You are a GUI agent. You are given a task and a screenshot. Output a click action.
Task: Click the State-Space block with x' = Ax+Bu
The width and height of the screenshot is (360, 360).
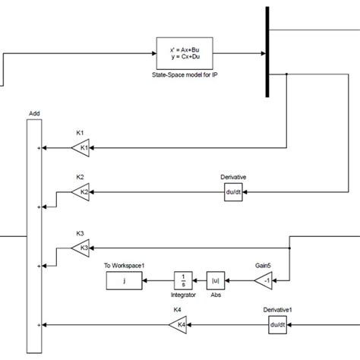pyautogui.click(x=184, y=52)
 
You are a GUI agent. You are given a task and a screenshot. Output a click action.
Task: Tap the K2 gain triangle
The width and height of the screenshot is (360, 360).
pyautogui.click(x=81, y=194)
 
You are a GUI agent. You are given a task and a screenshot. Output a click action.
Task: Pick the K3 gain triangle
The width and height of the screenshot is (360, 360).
pyautogui.click(x=81, y=247)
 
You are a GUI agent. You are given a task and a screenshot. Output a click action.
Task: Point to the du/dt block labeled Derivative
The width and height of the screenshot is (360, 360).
pyautogui.click(x=233, y=193)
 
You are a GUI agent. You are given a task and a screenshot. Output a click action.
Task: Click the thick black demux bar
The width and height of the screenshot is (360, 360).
pyautogui.click(x=268, y=52)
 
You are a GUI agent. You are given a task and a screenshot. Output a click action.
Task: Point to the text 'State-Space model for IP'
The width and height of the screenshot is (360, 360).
pyautogui.click(x=184, y=76)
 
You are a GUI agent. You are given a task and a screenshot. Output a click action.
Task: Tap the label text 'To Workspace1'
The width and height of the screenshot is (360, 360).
pyautogui.click(x=124, y=265)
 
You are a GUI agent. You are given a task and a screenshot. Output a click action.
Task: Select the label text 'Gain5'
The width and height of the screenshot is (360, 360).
pyautogui.click(x=264, y=266)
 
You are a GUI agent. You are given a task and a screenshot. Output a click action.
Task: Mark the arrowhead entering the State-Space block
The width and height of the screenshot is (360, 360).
pyautogui.click(x=153, y=52)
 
